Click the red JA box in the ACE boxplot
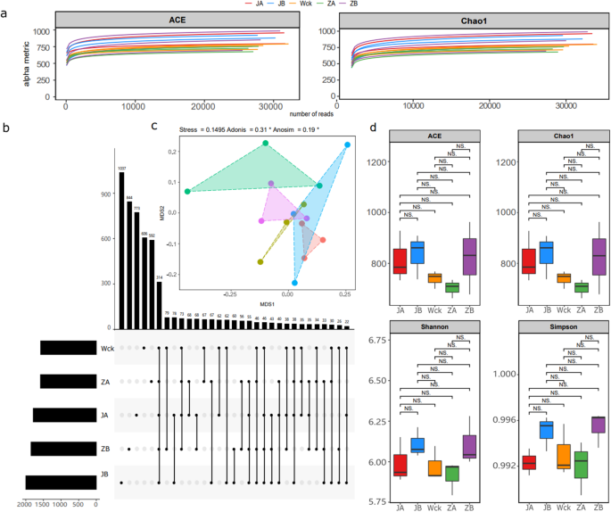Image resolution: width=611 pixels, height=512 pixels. pos(400,261)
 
